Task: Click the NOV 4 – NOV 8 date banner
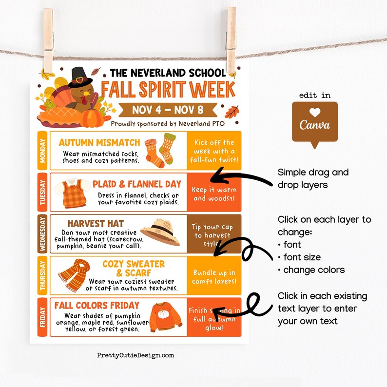[x=169, y=109]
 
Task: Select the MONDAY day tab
[x=42, y=150]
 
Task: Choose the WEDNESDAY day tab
[x=42, y=233]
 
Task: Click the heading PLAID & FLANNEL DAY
[x=136, y=184]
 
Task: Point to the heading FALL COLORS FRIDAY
[x=97, y=306]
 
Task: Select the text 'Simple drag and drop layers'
[x=313, y=178]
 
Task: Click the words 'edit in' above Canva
[x=314, y=96]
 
